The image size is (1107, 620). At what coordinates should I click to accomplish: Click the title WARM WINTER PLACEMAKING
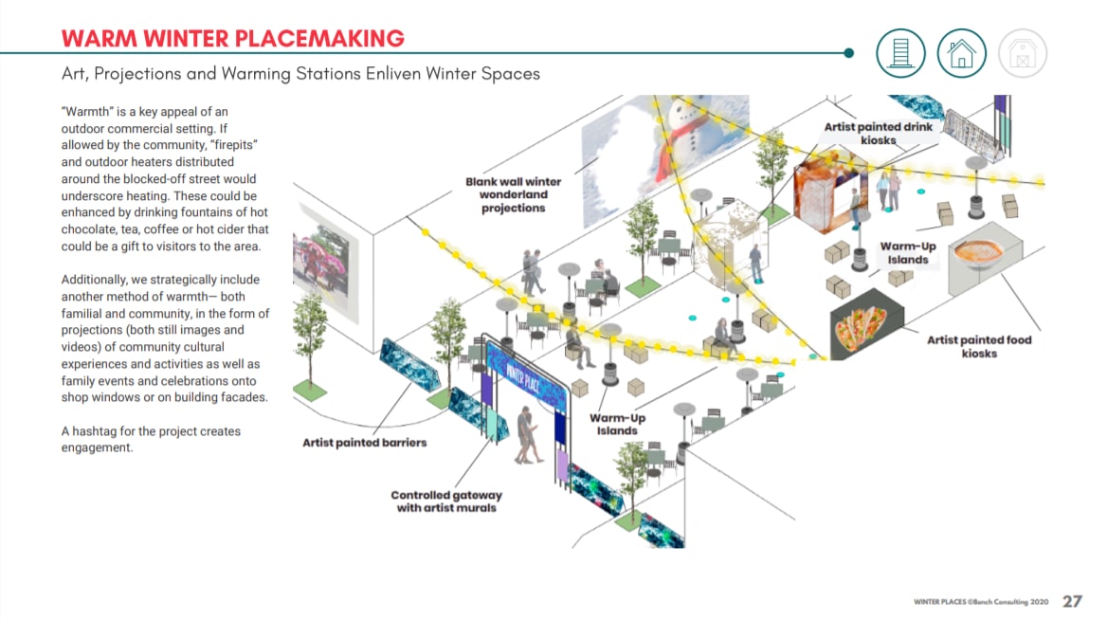232,38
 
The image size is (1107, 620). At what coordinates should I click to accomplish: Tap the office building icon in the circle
900,53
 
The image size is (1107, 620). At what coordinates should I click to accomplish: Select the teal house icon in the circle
961,53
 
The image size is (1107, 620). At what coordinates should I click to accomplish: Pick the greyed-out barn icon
1023,53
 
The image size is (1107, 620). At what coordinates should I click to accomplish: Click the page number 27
1072,601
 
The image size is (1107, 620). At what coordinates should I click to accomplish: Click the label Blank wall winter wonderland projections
514,194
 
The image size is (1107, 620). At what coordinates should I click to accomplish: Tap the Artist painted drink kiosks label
879,134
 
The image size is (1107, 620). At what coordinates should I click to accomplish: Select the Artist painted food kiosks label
978,346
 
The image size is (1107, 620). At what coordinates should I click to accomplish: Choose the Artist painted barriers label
364,443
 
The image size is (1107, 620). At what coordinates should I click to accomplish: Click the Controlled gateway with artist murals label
446,501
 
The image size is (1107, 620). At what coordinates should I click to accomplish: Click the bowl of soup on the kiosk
978,253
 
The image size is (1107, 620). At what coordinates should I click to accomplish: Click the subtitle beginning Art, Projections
300,73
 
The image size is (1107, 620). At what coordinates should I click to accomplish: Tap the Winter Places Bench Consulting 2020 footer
981,602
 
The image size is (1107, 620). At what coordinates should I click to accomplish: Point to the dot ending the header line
848,53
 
